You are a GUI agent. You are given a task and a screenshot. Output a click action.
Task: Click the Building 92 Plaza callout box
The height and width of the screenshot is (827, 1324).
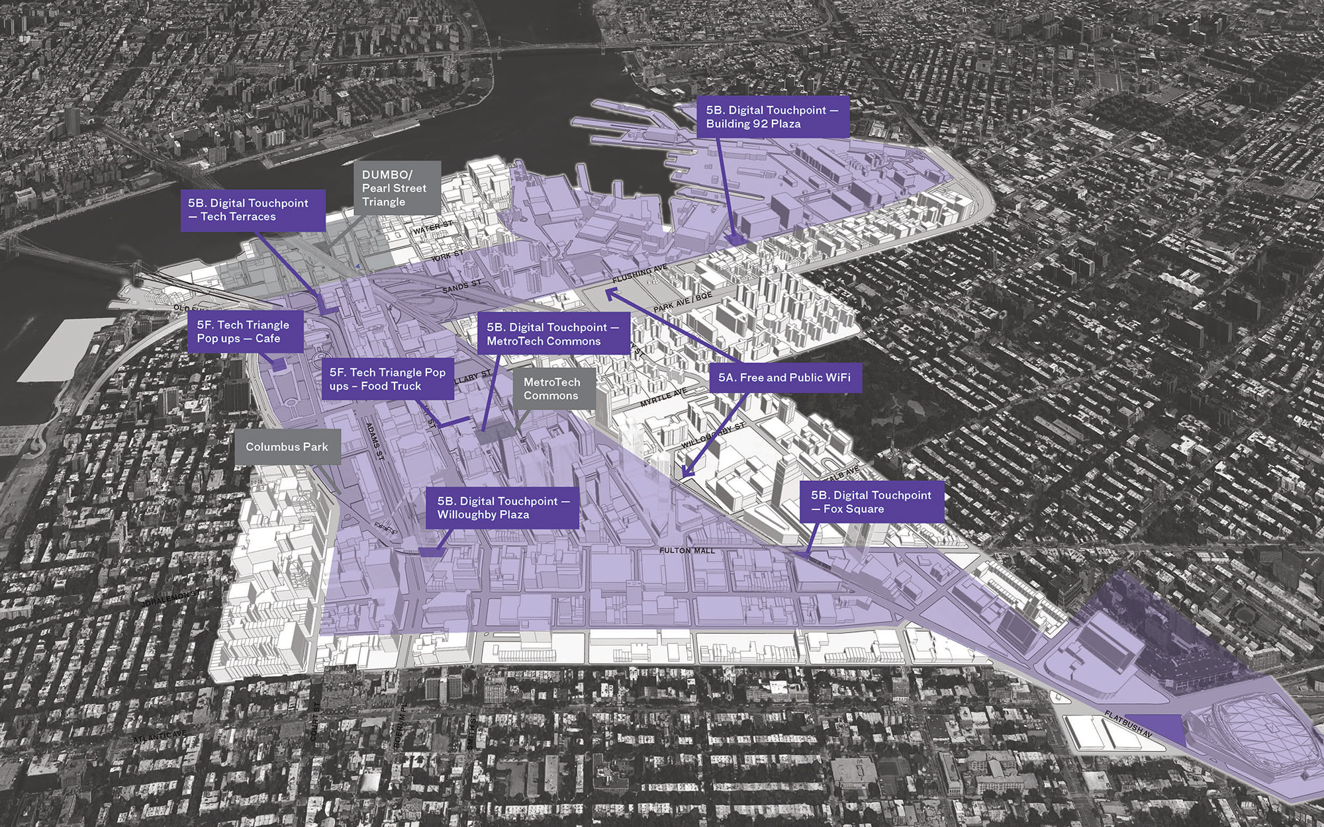point(772,117)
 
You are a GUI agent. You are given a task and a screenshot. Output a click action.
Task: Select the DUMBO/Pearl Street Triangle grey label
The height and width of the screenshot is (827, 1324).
point(397,188)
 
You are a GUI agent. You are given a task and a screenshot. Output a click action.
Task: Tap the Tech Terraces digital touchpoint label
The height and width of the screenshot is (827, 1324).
point(253,210)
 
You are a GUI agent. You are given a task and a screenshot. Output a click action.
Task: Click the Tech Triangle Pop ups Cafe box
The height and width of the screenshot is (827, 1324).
point(243,331)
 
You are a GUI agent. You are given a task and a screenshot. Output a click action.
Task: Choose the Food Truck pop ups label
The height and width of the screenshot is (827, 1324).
point(387,379)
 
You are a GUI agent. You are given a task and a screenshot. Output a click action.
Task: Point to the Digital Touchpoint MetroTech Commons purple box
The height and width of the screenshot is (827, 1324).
point(553,334)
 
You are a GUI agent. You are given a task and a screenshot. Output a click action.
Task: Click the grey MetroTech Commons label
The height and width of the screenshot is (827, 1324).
point(551,389)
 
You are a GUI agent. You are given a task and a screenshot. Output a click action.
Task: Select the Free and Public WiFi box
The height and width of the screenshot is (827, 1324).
point(784,378)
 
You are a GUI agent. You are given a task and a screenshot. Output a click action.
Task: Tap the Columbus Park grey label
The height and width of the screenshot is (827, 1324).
point(287,447)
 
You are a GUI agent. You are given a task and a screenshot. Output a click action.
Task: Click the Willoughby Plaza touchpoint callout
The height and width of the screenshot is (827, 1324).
point(502,508)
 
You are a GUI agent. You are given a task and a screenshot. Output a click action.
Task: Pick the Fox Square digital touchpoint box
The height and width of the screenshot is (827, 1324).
point(871,502)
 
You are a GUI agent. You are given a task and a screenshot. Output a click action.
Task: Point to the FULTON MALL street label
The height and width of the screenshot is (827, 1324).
point(687,550)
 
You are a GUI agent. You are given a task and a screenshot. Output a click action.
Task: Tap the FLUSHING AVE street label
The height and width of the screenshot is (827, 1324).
point(639,273)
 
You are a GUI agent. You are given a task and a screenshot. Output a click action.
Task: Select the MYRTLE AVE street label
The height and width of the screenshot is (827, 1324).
point(664,398)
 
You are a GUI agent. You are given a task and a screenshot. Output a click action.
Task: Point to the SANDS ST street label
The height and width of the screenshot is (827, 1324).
point(461,287)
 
